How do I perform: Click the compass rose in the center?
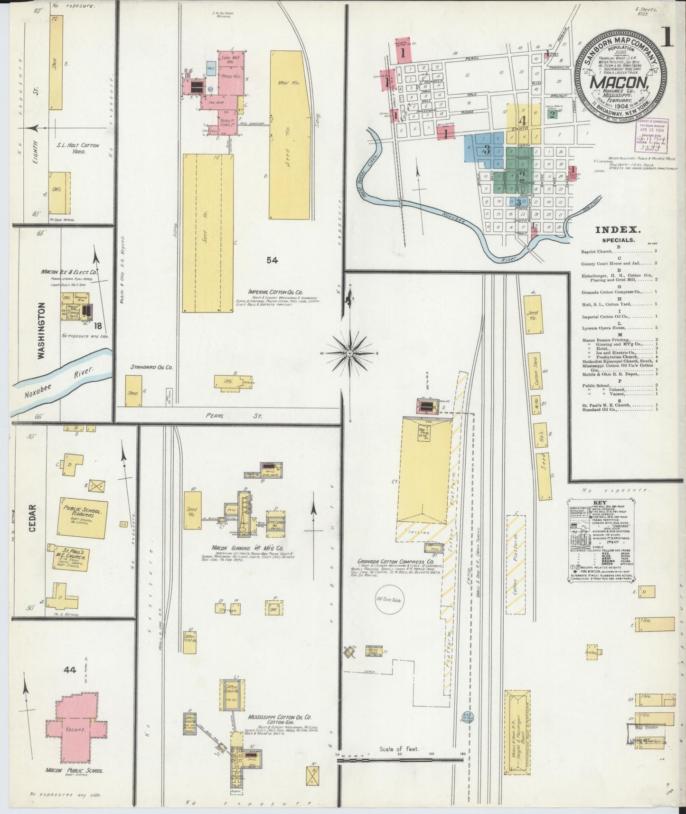pyautogui.click(x=349, y=353)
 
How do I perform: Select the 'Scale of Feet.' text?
pyautogui.click(x=398, y=749)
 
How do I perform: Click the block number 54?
pyautogui.click(x=272, y=260)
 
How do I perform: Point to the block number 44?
pyautogui.click(x=70, y=670)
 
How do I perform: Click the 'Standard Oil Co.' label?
pyautogui.click(x=151, y=367)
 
